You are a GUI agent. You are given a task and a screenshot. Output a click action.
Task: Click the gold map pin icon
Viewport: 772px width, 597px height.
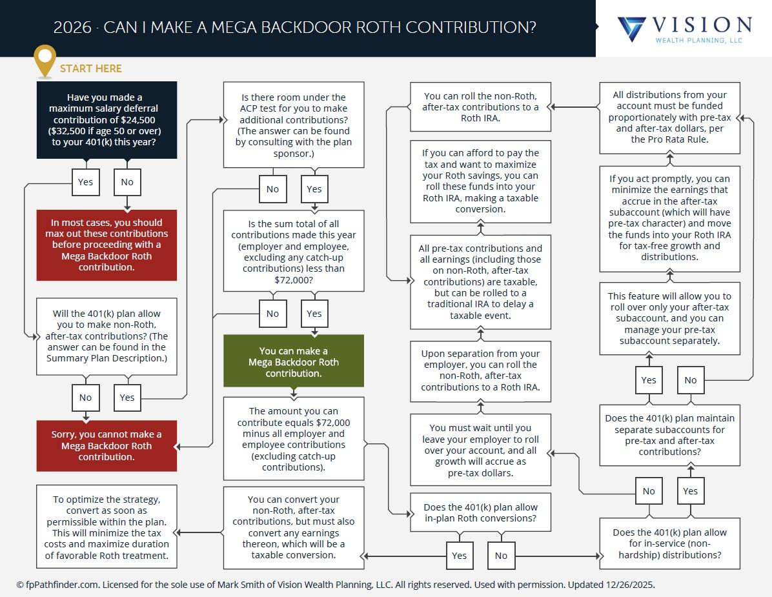pyautogui.click(x=45, y=60)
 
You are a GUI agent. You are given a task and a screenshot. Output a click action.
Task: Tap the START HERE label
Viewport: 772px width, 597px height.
pyautogui.click(x=91, y=68)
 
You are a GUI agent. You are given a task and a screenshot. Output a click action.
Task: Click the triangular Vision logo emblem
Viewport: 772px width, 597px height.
pyautogui.click(x=631, y=29)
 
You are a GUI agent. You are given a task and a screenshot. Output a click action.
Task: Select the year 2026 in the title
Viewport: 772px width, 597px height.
pyautogui.click(x=72, y=28)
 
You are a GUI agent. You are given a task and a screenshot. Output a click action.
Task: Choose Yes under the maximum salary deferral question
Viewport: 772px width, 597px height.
pyautogui.click(x=85, y=182)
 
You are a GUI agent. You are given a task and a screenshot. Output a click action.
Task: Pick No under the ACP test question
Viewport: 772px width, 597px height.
pyautogui.click(x=272, y=189)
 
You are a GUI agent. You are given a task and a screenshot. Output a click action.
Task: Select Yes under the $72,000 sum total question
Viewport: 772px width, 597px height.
pyautogui.click(x=314, y=314)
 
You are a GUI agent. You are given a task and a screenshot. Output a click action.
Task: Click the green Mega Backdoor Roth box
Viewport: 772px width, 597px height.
pyautogui.click(x=294, y=361)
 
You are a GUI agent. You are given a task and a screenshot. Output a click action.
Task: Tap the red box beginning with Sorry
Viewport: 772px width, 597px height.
pyautogui.click(x=107, y=445)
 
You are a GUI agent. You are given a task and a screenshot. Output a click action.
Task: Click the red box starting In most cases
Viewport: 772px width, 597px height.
pyautogui.click(x=107, y=245)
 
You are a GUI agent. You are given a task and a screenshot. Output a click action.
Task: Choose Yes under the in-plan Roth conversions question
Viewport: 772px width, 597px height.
pyautogui.click(x=459, y=556)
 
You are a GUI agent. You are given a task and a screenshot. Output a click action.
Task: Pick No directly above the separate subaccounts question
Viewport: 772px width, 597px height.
pyautogui.click(x=691, y=380)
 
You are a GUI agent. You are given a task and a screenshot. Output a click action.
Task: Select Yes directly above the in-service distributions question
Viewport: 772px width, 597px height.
pyautogui.click(x=691, y=491)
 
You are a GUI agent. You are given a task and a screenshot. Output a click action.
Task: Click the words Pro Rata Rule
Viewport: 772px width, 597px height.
pyautogui.click(x=682, y=139)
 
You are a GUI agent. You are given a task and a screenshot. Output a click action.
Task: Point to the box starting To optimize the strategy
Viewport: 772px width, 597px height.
pyautogui.click(x=107, y=527)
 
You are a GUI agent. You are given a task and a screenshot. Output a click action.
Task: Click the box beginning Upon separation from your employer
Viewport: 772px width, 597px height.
pyautogui.click(x=480, y=370)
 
